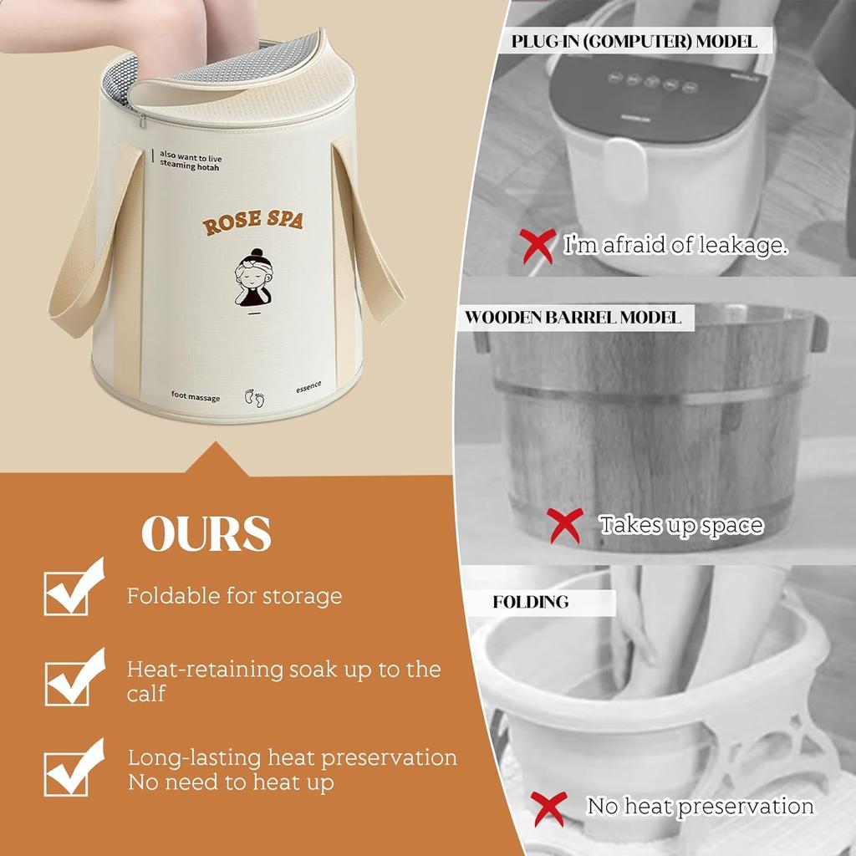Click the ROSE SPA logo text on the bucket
pyautogui.click(x=252, y=223)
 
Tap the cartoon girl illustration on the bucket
pyautogui.click(x=253, y=276)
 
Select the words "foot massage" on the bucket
pyautogui.click(x=196, y=395)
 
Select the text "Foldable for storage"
pyautogui.click(x=234, y=596)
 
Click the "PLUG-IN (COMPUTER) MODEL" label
pyautogui.click(x=634, y=41)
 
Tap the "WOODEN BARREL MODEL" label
pyautogui.click(x=573, y=318)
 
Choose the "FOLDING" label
pyautogui.click(x=531, y=602)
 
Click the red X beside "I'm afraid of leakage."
pyautogui.click(x=537, y=246)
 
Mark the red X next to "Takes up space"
pyautogui.click(x=565, y=525)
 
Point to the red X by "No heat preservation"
pyautogui.click(x=550, y=808)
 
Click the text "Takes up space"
pyautogui.click(x=681, y=525)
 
